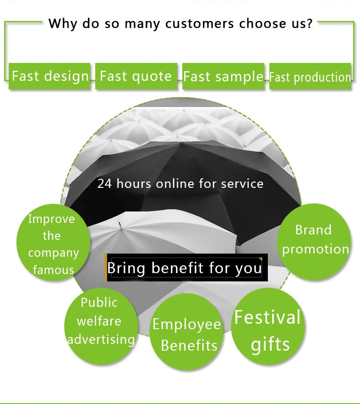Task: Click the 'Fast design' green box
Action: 50,76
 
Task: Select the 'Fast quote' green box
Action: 136,76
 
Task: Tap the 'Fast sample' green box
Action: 223,76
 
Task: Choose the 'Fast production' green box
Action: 310,77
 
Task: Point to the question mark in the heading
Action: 309,23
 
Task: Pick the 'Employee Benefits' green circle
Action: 187,331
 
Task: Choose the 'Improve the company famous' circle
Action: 51,243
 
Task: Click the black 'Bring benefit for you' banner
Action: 185,268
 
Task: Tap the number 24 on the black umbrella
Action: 104,184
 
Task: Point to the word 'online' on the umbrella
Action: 175,184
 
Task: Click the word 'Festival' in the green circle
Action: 267,317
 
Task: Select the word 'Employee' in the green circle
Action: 187,324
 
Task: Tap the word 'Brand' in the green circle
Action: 313,229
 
